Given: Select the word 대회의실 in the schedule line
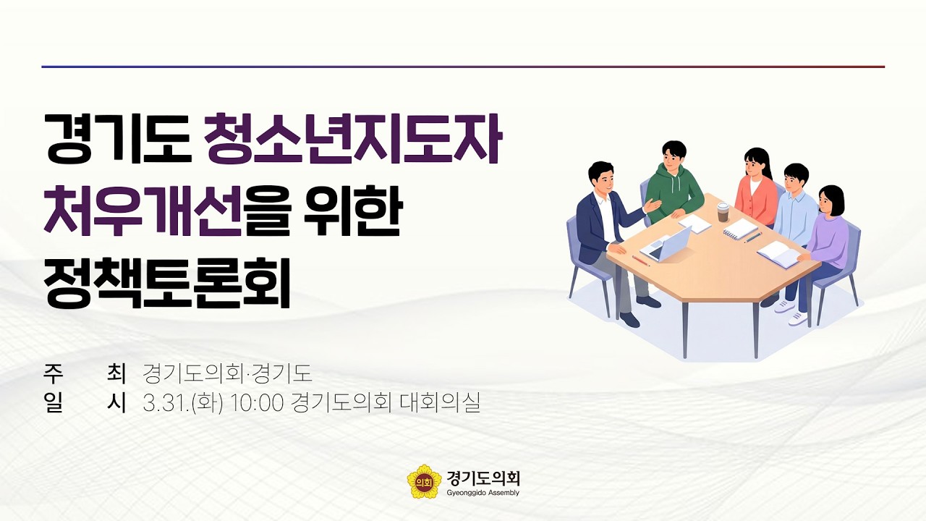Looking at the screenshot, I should (440, 403).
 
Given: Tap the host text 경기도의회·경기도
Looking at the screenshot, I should (227, 373).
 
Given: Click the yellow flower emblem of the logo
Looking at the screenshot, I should (424, 482).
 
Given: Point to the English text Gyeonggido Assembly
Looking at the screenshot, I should (483, 493).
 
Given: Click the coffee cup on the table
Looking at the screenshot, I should (723, 211).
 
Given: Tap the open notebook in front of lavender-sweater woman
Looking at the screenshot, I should (778, 253).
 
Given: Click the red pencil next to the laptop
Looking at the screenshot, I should (641, 260).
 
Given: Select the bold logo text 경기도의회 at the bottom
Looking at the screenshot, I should (484, 478).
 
